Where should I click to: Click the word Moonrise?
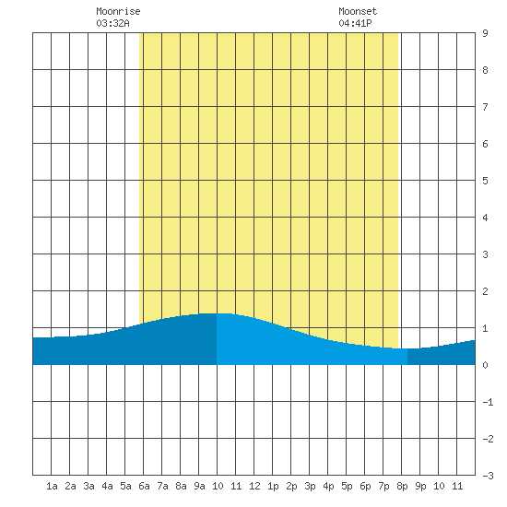(x=118, y=11)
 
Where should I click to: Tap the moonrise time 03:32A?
(x=112, y=23)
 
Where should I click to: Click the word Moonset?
(x=358, y=11)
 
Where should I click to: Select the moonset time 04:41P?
(x=355, y=23)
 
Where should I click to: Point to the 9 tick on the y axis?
(x=485, y=33)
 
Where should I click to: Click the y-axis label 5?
(x=485, y=181)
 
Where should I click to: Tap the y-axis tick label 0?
(x=485, y=365)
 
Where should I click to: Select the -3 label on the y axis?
(x=488, y=476)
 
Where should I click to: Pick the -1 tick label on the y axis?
(x=488, y=402)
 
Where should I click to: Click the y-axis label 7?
(x=485, y=107)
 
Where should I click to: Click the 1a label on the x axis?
(x=52, y=486)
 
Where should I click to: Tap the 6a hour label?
(x=144, y=486)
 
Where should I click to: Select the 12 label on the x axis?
(x=254, y=486)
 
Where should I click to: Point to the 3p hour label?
(x=310, y=486)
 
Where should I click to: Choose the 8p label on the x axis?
(x=402, y=486)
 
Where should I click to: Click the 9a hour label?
(x=199, y=486)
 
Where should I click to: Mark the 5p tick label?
(x=347, y=486)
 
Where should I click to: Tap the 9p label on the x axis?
(x=420, y=486)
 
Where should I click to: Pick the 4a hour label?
(x=107, y=486)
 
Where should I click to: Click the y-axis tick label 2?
(x=485, y=291)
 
